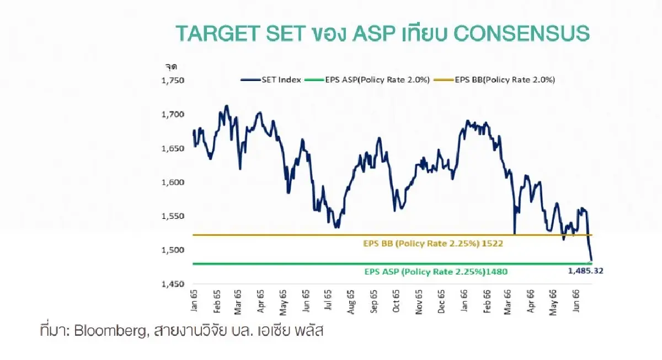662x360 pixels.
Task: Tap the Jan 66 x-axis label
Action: pyautogui.click(x=465, y=301)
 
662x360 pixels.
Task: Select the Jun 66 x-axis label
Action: pyautogui.click(x=578, y=301)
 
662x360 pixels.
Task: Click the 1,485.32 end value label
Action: pyautogui.click(x=588, y=271)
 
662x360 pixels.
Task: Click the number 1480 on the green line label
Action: pyautogui.click(x=496, y=271)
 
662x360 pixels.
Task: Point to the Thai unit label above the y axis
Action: pyautogui.click(x=170, y=67)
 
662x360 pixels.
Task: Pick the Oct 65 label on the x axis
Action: pyautogui.click(x=397, y=301)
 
